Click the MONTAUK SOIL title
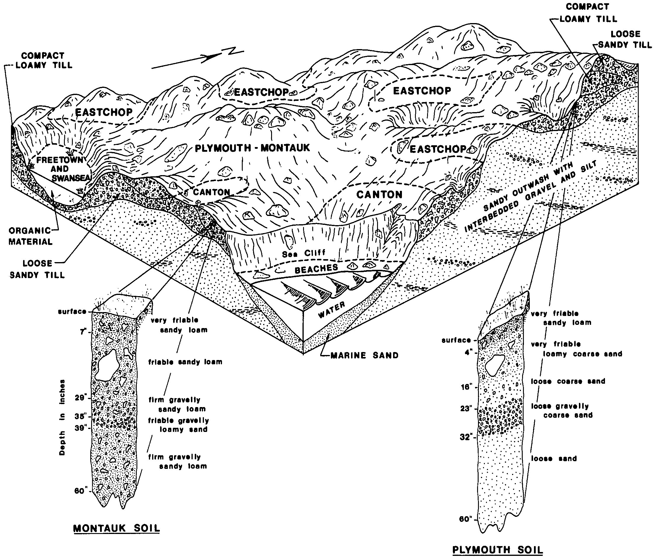click(116, 528)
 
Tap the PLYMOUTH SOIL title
click(498, 550)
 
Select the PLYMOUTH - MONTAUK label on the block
click(252, 148)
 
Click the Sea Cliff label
click(303, 254)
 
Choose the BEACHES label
click(316, 269)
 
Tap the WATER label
click(331, 310)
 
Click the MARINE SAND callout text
click(364, 356)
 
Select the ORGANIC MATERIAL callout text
click(30, 236)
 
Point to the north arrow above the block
click(198, 59)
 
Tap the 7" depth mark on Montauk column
click(83, 332)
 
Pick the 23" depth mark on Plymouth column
click(466, 409)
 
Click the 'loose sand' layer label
click(554, 459)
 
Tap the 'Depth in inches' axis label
click(62, 417)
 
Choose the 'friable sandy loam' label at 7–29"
click(185, 362)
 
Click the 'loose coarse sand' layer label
click(568, 381)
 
